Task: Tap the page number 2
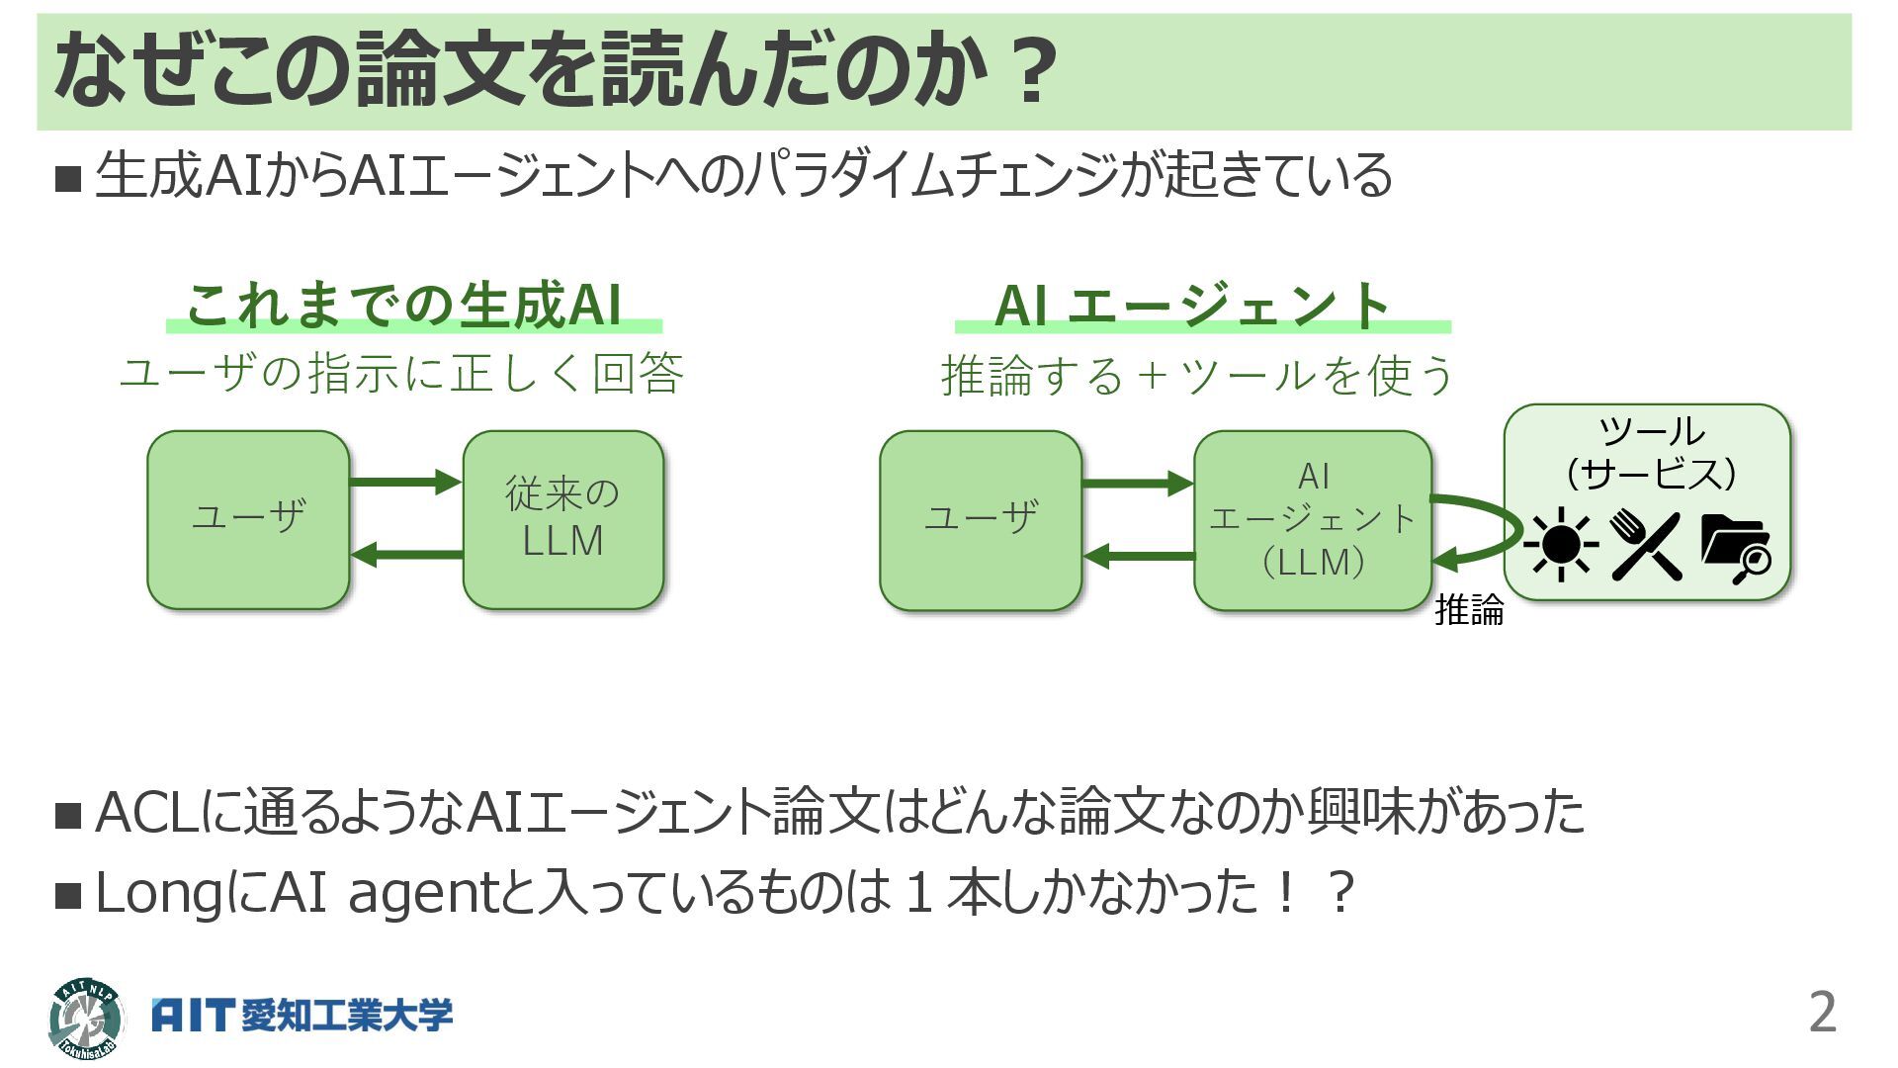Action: click(1822, 1012)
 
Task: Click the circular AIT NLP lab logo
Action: click(86, 1018)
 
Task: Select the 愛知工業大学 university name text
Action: click(347, 1016)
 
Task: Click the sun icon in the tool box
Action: click(1560, 544)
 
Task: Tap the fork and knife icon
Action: click(1646, 545)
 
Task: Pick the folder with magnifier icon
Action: click(1735, 547)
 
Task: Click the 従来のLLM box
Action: click(562, 519)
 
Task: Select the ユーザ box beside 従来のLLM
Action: click(248, 519)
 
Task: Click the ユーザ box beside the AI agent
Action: click(981, 519)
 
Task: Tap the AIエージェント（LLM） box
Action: click(1313, 519)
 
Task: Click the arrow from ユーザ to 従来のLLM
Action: click(405, 483)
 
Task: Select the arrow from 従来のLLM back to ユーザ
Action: click(405, 555)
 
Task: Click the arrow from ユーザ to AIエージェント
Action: click(1138, 484)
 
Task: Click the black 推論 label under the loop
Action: click(1469, 610)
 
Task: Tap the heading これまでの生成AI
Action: click(404, 305)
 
